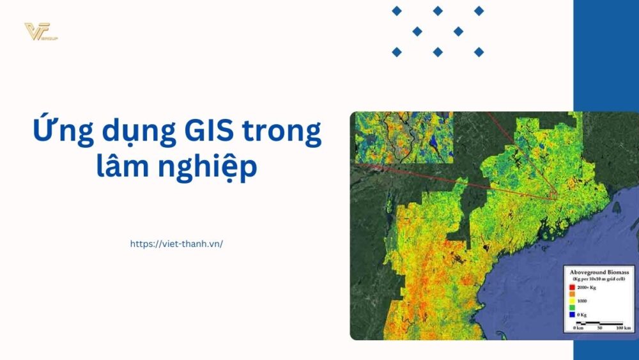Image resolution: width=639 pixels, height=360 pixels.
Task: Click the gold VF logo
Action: coord(40,32)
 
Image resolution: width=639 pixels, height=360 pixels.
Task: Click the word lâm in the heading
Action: coord(122,166)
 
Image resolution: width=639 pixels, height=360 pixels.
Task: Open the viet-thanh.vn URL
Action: coord(176,244)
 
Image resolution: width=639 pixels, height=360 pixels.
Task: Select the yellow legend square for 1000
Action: coord(571,300)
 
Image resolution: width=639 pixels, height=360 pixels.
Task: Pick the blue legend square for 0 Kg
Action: coord(571,315)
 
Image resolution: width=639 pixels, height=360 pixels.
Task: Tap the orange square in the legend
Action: coord(571,294)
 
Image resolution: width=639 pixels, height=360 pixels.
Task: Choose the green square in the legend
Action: coord(571,307)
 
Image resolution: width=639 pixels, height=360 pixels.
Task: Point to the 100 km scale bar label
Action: coord(623,328)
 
